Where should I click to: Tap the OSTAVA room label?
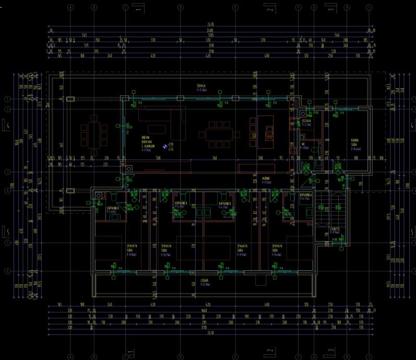click(x=306, y=123)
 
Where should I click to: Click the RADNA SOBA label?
click(x=354, y=146)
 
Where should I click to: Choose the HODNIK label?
click(x=266, y=180)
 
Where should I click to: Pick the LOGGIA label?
click(x=205, y=282)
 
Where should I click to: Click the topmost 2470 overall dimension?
click(x=210, y=25)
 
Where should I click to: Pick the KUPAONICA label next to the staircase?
click(x=306, y=196)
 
